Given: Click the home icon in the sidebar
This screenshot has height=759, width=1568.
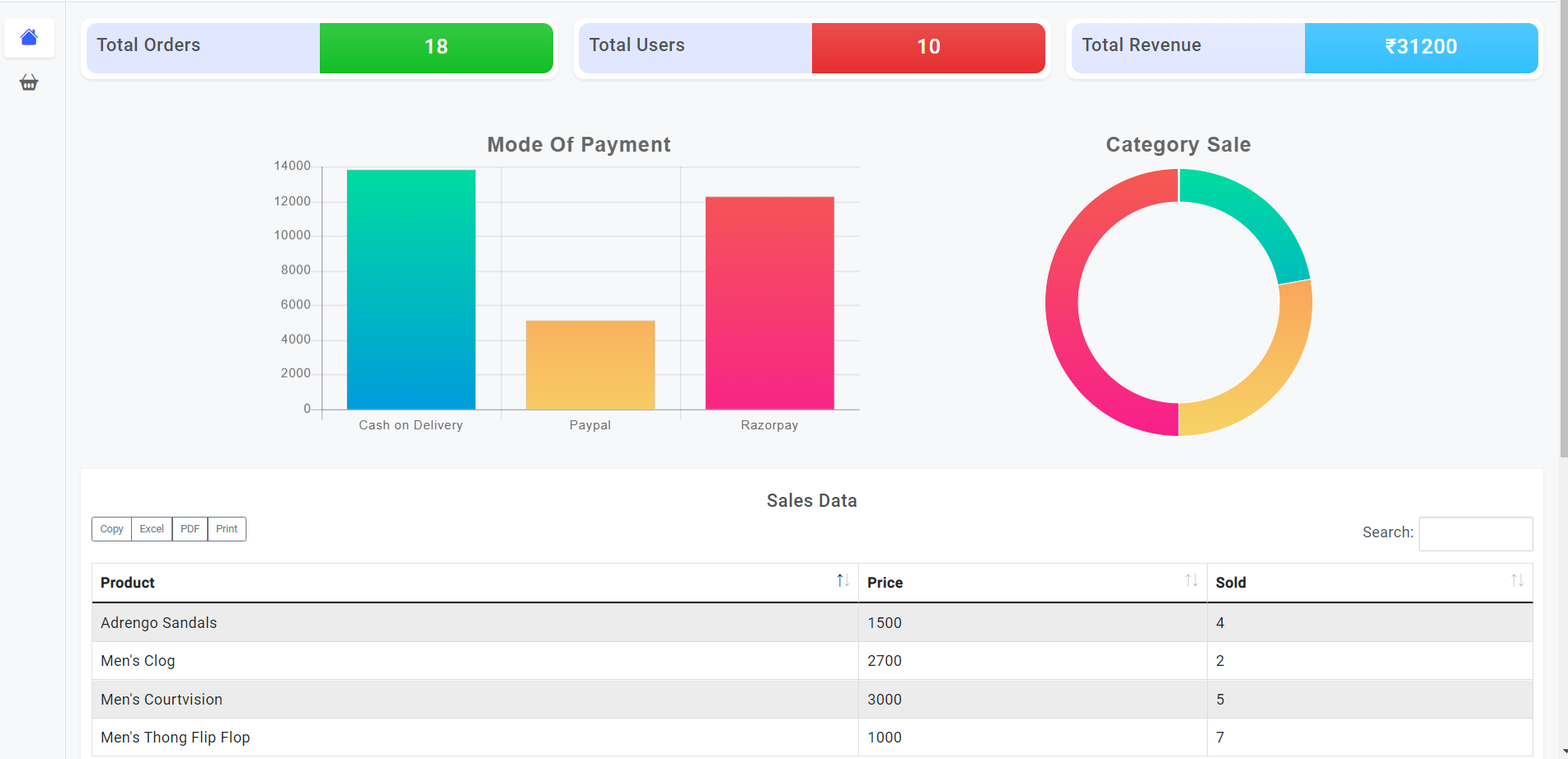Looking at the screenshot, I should point(29,37).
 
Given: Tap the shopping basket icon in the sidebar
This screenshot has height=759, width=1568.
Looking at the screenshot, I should point(29,82).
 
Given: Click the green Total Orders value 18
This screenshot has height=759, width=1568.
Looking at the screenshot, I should point(436,47).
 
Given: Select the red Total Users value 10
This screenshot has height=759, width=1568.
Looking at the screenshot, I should point(928,47).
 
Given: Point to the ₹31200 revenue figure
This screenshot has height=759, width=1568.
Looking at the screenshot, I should point(1420,47).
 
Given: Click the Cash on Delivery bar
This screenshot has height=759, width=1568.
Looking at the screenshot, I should point(411,288).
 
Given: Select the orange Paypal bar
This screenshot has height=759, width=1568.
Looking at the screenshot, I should point(590,364).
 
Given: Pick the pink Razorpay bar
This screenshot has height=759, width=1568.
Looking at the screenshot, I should point(769,302).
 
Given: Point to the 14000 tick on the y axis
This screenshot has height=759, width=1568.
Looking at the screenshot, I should point(293,166).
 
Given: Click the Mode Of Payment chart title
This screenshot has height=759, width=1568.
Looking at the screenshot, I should point(579,145).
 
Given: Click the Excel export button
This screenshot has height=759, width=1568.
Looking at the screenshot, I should point(152,529).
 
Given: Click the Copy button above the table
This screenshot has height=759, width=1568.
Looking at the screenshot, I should point(111,529).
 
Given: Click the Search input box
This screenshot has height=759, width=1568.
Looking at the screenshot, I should point(1475,533).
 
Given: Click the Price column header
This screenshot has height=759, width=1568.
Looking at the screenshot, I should point(885,583).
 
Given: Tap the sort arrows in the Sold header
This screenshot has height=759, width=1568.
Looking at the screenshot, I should point(1516,581).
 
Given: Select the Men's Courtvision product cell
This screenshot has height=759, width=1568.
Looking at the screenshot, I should point(162,700).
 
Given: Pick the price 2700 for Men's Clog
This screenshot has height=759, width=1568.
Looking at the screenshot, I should point(885,661).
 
